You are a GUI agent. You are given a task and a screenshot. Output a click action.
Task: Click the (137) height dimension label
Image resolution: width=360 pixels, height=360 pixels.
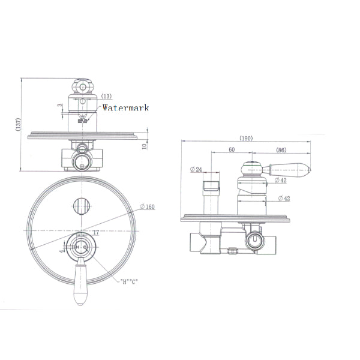pyautogui.click(x=19, y=124)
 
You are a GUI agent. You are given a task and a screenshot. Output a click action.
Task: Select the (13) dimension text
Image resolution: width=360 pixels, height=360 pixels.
pyautogui.click(x=106, y=96)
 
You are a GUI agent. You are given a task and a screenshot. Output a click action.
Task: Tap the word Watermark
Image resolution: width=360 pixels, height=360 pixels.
pyautogui.click(x=125, y=108)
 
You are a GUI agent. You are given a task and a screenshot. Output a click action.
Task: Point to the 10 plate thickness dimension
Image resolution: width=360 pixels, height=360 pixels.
pyautogui.click(x=145, y=145)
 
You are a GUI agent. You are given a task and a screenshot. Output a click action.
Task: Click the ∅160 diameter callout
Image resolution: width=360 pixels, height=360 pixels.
pyautogui.click(x=147, y=207)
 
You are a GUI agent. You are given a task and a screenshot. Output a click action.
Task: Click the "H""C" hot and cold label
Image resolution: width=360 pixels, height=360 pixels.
pyautogui.click(x=128, y=281)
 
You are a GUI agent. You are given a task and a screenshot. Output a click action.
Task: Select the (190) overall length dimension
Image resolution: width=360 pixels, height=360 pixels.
pyautogui.click(x=246, y=138)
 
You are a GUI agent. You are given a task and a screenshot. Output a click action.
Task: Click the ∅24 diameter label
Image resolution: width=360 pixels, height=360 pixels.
pyautogui.click(x=195, y=170)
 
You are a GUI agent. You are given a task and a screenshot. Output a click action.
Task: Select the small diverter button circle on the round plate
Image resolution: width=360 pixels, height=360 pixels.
pyautogui.click(x=81, y=205)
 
